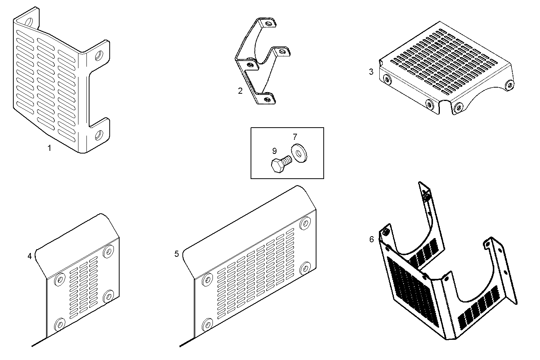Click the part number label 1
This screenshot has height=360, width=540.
point(49,148)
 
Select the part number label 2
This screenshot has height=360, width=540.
point(240,91)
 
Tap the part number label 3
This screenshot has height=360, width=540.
point(371,71)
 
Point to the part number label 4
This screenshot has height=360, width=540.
point(30,256)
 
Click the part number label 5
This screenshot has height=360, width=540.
point(177,254)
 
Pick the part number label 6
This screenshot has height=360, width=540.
point(371,239)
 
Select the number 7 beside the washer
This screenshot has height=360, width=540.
point(295,137)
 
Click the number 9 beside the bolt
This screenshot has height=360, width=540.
point(275,151)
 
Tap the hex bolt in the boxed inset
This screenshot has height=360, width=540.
point(280,165)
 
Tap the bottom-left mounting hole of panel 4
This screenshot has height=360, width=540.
point(59,325)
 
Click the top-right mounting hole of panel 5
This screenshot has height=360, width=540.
point(305,224)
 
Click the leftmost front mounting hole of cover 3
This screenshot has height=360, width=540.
point(387,80)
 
